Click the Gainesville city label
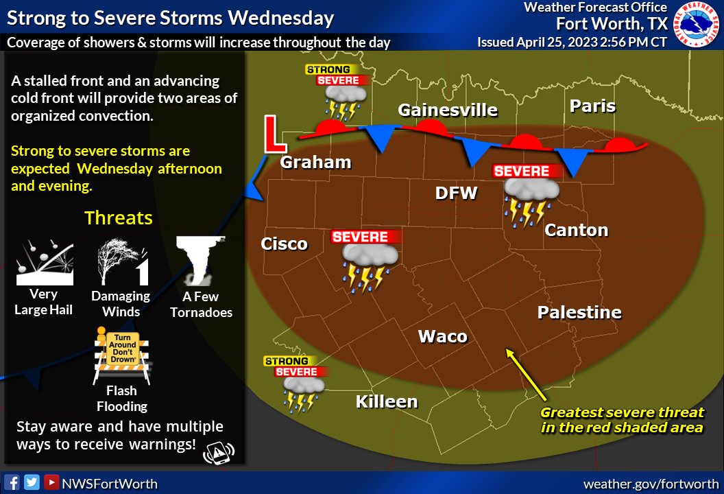(x=448, y=110)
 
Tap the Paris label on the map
(x=592, y=106)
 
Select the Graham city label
(x=315, y=163)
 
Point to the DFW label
(x=456, y=193)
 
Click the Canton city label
(x=576, y=230)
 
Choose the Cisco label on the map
(x=284, y=244)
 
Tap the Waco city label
(x=442, y=336)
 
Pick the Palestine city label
(x=579, y=313)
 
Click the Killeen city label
(x=387, y=401)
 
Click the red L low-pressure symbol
(x=275, y=134)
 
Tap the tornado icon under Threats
(x=200, y=261)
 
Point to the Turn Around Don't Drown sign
(x=121, y=354)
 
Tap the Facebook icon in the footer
(x=13, y=482)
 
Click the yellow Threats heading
(x=118, y=218)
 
